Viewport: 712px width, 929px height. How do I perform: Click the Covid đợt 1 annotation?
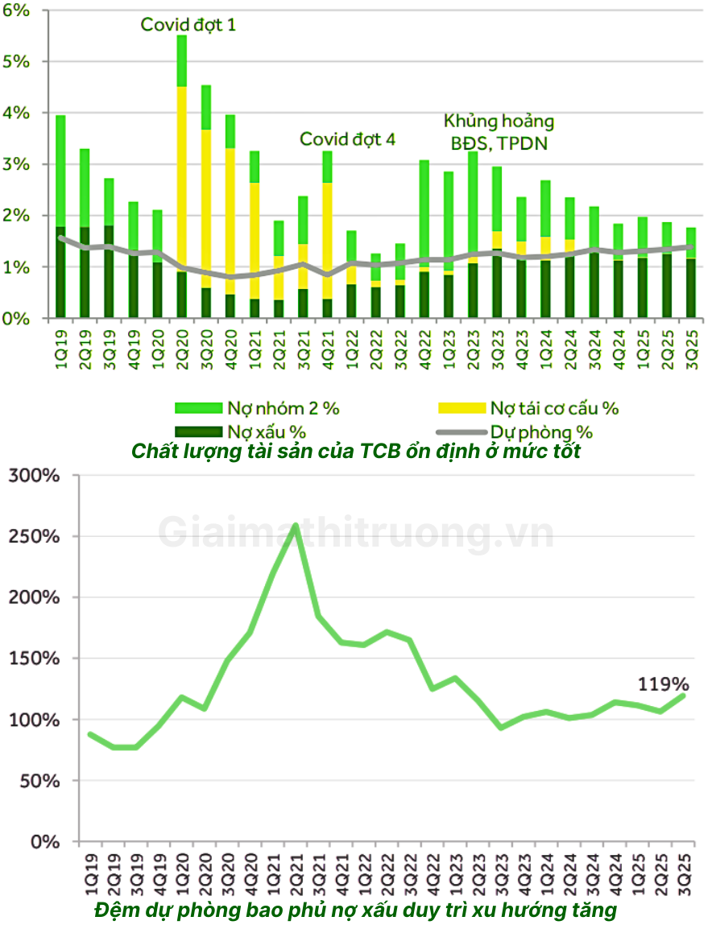pyautogui.click(x=188, y=24)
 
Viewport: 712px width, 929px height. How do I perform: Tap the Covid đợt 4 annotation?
pyautogui.click(x=348, y=138)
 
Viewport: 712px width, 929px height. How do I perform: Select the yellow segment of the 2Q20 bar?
pyautogui.click(x=181, y=177)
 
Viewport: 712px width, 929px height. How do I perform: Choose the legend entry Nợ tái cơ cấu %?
pyautogui.click(x=554, y=408)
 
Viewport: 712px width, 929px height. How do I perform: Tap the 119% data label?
pyautogui.click(x=664, y=684)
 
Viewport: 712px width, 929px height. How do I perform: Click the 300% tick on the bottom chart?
pyautogui.click(x=34, y=475)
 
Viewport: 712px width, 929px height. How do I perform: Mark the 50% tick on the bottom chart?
pyautogui.click(x=39, y=780)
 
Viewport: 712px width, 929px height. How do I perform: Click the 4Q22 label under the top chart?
pyautogui.click(x=424, y=348)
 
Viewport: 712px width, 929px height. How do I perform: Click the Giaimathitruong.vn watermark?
pyautogui.click(x=356, y=533)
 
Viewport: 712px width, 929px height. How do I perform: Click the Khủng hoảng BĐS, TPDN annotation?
pyautogui.click(x=499, y=132)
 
